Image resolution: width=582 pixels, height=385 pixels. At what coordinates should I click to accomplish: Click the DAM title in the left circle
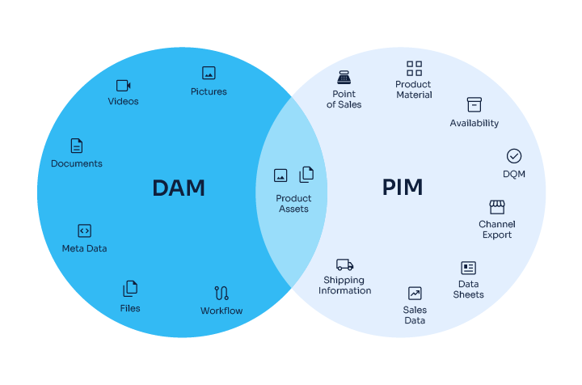tap(179, 188)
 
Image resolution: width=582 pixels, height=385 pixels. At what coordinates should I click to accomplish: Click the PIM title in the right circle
tap(403, 188)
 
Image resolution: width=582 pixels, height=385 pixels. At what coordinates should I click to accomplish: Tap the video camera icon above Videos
tap(123, 85)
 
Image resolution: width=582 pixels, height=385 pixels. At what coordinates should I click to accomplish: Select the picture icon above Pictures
tap(209, 73)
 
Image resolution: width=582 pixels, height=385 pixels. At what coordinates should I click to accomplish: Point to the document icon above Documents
tap(77, 146)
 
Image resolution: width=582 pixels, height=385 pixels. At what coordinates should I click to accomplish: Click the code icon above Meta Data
tap(84, 231)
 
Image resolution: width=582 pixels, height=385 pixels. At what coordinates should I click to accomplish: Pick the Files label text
tap(130, 308)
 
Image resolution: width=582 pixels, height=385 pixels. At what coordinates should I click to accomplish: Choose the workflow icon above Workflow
tap(221, 293)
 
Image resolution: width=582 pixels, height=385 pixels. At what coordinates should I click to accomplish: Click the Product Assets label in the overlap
tap(293, 204)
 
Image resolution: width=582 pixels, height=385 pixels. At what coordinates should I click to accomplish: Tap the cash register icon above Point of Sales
tap(344, 77)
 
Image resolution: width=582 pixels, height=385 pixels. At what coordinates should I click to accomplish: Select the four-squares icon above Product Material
tap(414, 68)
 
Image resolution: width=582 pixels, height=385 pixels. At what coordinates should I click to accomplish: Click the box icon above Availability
tap(474, 105)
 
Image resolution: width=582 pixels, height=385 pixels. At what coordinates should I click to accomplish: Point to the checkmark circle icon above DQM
tap(514, 156)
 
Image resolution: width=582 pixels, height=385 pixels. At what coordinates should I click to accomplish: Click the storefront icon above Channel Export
tap(497, 207)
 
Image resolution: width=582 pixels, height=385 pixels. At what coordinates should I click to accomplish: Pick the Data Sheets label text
tap(469, 290)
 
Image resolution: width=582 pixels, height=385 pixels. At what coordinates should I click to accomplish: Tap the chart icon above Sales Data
tap(415, 294)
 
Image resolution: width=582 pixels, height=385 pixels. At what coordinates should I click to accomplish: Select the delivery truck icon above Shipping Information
tap(345, 264)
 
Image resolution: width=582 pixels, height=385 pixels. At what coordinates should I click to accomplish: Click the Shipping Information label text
tap(345, 286)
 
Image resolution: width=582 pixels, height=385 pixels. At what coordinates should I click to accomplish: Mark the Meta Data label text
tap(84, 248)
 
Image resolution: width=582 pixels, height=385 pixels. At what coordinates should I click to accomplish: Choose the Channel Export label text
tap(497, 230)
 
